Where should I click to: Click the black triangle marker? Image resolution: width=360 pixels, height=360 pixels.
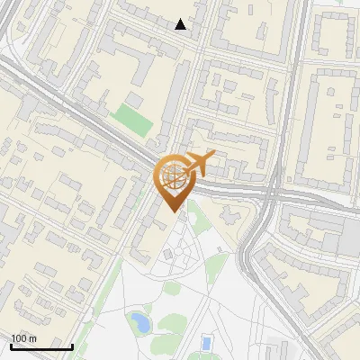(x=181, y=24)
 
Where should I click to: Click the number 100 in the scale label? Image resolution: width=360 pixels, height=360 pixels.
(x=19, y=338)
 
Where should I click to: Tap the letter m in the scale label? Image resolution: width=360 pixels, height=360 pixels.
(x=32, y=338)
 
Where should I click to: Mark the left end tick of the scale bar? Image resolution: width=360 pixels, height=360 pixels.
(x=11, y=346)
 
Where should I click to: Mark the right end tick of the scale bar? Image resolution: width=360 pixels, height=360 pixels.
(x=72, y=346)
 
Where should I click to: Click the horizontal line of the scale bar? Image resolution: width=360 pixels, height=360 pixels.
(x=41, y=347)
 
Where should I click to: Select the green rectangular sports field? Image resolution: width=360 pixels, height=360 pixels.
(x=132, y=120)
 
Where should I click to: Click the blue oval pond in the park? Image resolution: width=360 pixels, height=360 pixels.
(x=139, y=320)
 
